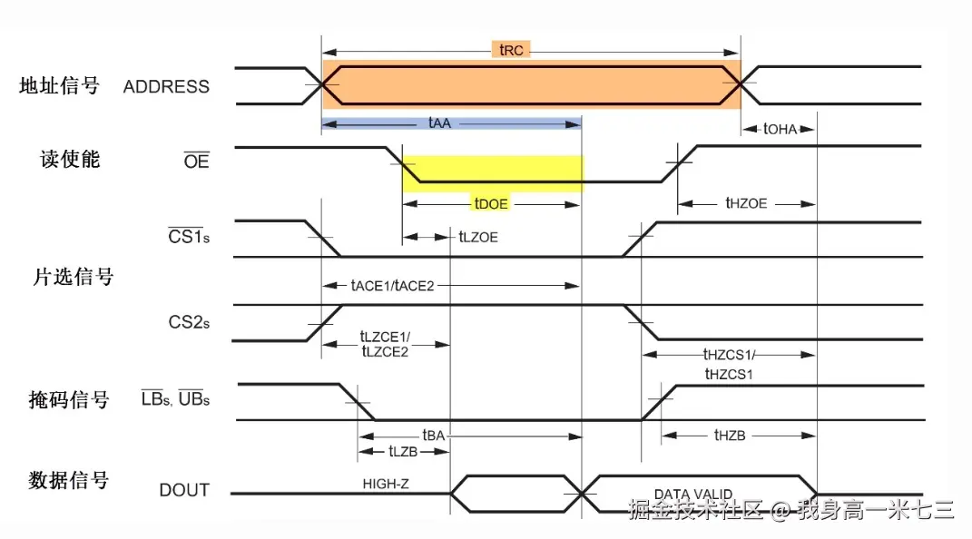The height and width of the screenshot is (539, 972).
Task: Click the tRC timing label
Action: coord(514,49)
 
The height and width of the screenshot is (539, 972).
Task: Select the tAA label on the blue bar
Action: coord(436,122)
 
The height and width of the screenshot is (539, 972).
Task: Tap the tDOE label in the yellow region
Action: coord(491,204)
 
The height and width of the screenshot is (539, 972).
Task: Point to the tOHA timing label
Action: coord(780,129)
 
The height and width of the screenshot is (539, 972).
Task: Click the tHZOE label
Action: coord(746,203)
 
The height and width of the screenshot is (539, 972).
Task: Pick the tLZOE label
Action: coord(478,237)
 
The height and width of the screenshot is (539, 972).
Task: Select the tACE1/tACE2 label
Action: coord(393,285)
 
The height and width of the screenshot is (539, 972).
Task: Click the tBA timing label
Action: coord(434,436)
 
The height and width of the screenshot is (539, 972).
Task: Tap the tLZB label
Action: coord(403,451)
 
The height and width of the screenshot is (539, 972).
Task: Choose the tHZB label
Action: coord(729,436)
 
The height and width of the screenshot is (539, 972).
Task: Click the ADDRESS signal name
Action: coord(166,87)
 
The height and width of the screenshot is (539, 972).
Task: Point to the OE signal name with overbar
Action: coord(196,162)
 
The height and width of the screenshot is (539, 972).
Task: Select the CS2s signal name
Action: coord(189,321)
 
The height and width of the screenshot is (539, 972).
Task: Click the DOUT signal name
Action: coord(184,490)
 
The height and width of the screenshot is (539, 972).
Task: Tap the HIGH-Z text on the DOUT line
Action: coord(385,484)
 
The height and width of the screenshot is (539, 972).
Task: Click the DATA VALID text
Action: coord(693,495)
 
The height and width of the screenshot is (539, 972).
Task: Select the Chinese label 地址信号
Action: coord(59,86)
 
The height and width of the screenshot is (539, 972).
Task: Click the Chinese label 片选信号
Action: coord(74,277)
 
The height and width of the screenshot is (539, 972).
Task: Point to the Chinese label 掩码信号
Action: coord(69,399)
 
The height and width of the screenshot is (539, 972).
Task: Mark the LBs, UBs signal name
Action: coord(175,398)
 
